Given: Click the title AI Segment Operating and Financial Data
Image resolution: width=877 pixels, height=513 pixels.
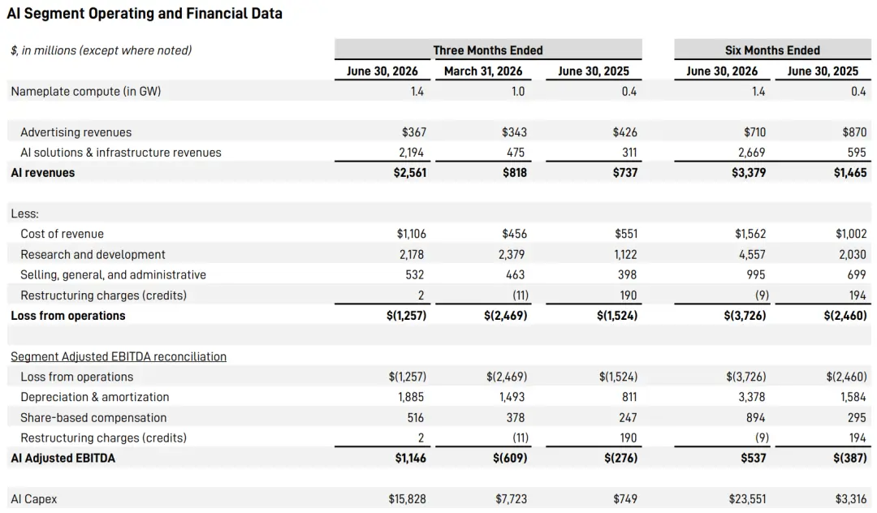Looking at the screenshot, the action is [x=145, y=14].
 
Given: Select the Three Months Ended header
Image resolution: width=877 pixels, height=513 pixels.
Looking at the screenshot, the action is [x=488, y=50].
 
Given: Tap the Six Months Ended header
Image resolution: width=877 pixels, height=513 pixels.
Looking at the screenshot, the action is [x=772, y=50].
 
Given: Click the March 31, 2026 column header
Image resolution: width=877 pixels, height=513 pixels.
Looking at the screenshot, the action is [x=483, y=71].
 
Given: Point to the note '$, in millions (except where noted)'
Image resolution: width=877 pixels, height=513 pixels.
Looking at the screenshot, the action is [x=102, y=50].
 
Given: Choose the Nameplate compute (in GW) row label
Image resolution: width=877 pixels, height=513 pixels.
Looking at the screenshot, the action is [x=85, y=91].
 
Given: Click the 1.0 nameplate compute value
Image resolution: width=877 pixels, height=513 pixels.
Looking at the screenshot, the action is [x=518, y=91].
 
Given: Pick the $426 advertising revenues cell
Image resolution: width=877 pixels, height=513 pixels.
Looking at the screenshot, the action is [x=624, y=131].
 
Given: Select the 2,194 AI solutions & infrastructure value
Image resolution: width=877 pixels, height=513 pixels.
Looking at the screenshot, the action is [x=411, y=152].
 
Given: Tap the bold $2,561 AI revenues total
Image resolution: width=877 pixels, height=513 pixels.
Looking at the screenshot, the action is [x=410, y=173].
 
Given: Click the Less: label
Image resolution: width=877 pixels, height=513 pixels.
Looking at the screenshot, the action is [x=24, y=213].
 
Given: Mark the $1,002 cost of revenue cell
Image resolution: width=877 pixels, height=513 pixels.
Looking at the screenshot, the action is [x=851, y=234].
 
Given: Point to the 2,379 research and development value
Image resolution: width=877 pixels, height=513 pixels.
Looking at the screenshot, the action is [x=512, y=254].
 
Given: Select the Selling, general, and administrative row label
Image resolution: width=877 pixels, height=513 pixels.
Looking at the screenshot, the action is [x=113, y=274].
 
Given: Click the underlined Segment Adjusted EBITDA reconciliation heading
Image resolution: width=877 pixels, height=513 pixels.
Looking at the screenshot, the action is [x=119, y=356].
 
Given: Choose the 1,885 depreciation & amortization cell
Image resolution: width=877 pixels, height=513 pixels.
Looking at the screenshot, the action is [x=411, y=397].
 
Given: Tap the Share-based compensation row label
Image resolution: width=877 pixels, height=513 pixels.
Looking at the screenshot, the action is [x=93, y=417].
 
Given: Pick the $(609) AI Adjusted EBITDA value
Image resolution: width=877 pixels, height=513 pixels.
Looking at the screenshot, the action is [x=510, y=459].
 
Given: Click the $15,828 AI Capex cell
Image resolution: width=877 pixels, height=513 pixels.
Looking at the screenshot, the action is [x=407, y=499].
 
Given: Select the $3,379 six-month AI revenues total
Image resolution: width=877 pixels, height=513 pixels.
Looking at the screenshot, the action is [x=749, y=173].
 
